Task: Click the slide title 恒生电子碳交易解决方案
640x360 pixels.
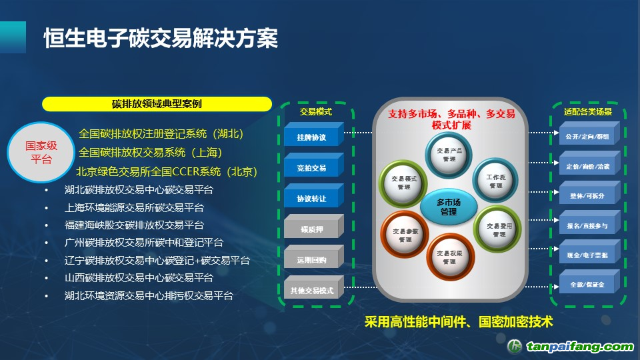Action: pyautogui.click(x=161, y=39)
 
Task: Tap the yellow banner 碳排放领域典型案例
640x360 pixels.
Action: pyautogui.click(x=157, y=104)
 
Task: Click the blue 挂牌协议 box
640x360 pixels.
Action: pyautogui.click(x=312, y=137)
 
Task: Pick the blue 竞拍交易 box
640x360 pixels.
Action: pyautogui.click(x=312, y=168)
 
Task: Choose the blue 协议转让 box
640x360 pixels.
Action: pyautogui.click(x=312, y=199)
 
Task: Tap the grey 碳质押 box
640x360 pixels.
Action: pyautogui.click(x=312, y=229)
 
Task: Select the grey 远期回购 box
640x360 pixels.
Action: pyautogui.click(x=312, y=260)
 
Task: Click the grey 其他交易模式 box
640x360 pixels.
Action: pyautogui.click(x=312, y=291)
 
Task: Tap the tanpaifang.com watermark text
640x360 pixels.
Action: pyautogui.click(x=579, y=347)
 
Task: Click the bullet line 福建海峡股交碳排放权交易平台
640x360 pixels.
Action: pyautogui.click(x=134, y=225)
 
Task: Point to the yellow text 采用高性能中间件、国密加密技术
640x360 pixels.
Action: pyautogui.click(x=459, y=322)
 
